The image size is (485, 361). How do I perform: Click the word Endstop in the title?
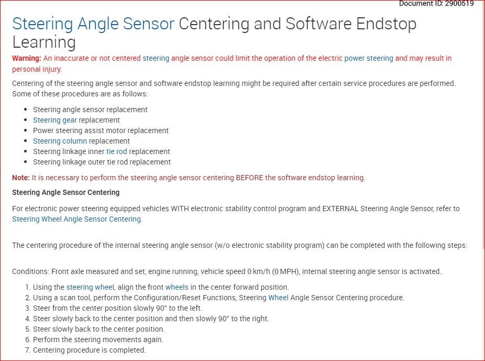[x=387, y=24]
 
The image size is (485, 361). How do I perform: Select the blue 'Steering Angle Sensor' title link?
[x=93, y=24]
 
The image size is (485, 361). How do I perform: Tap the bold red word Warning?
[x=27, y=58]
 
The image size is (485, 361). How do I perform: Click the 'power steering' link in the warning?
[x=369, y=59]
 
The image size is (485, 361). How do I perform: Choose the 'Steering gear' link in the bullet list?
[x=55, y=120]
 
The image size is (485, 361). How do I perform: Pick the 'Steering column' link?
[x=60, y=141]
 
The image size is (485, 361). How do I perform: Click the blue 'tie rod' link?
[x=117, y=151]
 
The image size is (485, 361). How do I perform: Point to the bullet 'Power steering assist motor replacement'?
[x=101, y=130]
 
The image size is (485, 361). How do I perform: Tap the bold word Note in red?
[x=21, y=178]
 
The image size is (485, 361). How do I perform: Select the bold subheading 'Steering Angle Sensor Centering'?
[x=66, y=192]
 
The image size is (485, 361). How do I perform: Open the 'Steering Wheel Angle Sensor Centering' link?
[x=76, y=219]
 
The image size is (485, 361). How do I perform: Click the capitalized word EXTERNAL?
[x=340, y=209]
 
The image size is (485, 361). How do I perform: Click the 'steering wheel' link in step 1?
[x=90, y=287]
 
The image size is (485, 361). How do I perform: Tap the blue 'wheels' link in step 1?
[x=177, y=287]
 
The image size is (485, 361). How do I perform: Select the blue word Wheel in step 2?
[x=279, y=298]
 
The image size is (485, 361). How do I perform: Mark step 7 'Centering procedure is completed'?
[x=90, y=350]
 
